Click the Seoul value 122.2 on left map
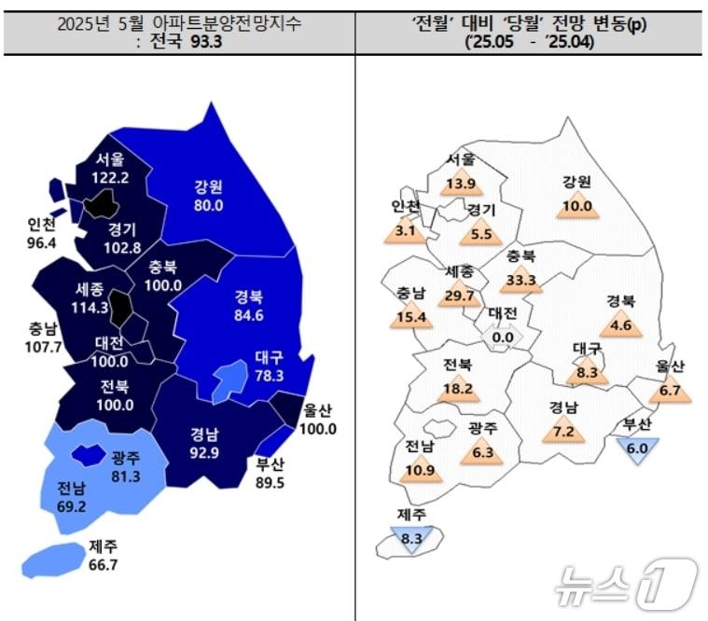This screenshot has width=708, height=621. (x=110, y=176)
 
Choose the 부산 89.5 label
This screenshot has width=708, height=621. (x=273, y=474)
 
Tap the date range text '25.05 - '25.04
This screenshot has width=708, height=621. (x=530, y=41)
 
